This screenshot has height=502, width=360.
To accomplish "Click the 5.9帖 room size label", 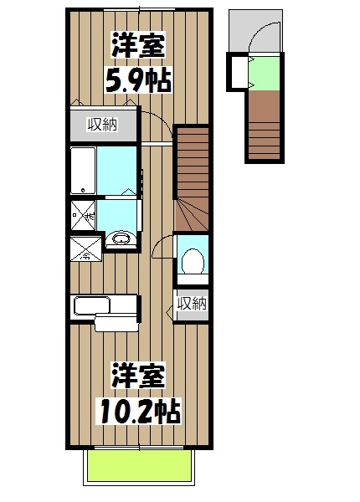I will tap(137, 81).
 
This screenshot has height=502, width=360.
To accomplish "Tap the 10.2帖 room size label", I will tap(138, 409).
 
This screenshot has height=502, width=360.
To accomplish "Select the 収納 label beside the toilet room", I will tap(192, 302).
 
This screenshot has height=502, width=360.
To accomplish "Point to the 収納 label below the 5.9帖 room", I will tap(103, 125).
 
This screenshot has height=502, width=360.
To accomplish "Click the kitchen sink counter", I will tap(104, 306).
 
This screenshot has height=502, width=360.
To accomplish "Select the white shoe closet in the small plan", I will tap(239, 73).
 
